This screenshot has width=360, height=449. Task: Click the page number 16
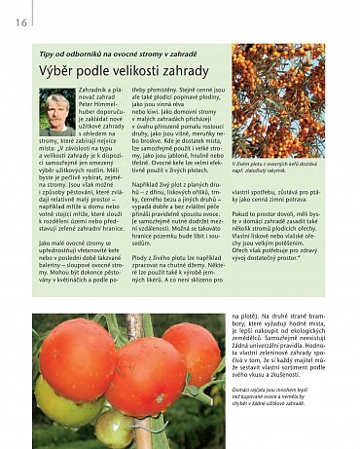20,24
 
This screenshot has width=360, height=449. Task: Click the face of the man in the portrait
55,108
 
